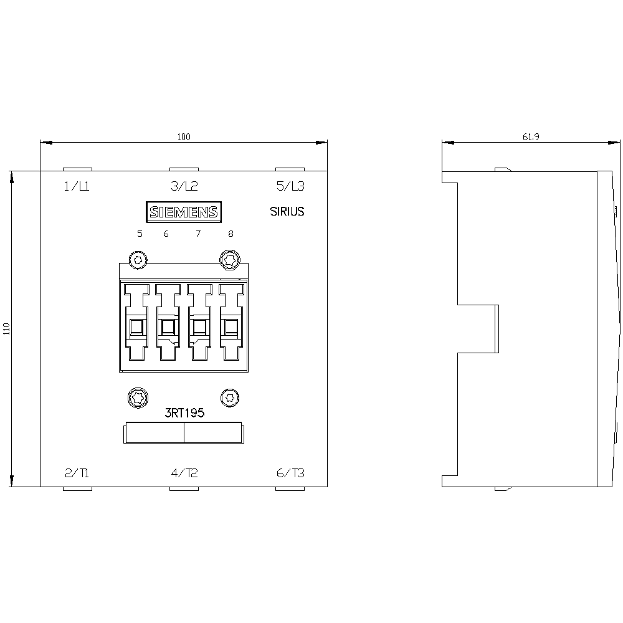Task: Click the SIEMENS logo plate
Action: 184,212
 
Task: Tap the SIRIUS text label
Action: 287,211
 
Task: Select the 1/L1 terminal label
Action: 77,186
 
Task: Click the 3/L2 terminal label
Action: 184,186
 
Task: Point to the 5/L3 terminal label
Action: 290,186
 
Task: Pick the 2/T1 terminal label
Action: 77,473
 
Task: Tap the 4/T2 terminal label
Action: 184,473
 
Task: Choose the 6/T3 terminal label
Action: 290,473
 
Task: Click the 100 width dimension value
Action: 184,137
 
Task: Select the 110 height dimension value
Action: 6,329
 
